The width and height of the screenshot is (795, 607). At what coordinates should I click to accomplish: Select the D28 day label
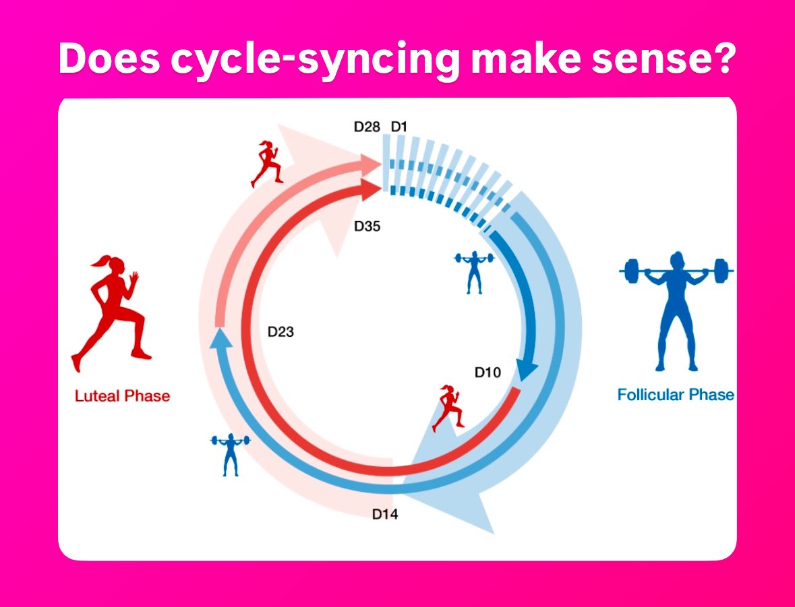[x=367, y=126]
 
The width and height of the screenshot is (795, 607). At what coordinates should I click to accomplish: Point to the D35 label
[x=367, y=226]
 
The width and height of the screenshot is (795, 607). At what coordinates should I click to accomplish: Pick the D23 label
[x=281, y=331]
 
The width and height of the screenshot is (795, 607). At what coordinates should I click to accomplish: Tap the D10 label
[x=488, y=372]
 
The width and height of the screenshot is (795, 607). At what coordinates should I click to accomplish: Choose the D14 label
[x=385, y=515]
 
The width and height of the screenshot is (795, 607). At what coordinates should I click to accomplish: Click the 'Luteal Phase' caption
[x=122, y=396]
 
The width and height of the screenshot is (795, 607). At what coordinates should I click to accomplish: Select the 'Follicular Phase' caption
[x=676, y=395]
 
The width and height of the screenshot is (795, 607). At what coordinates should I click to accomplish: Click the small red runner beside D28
[x=267, y=163]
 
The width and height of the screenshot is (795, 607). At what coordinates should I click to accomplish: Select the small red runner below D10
[x=448, y=408]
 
